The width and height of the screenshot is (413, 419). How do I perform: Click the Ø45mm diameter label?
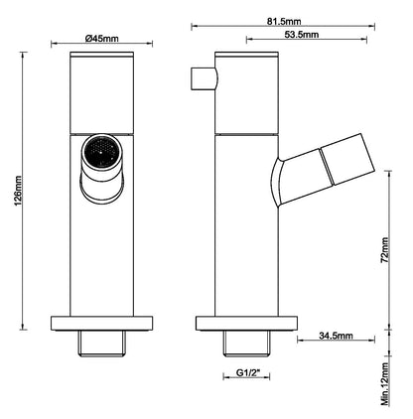[103, 38]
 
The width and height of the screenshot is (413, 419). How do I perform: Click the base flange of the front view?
[103, 323]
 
